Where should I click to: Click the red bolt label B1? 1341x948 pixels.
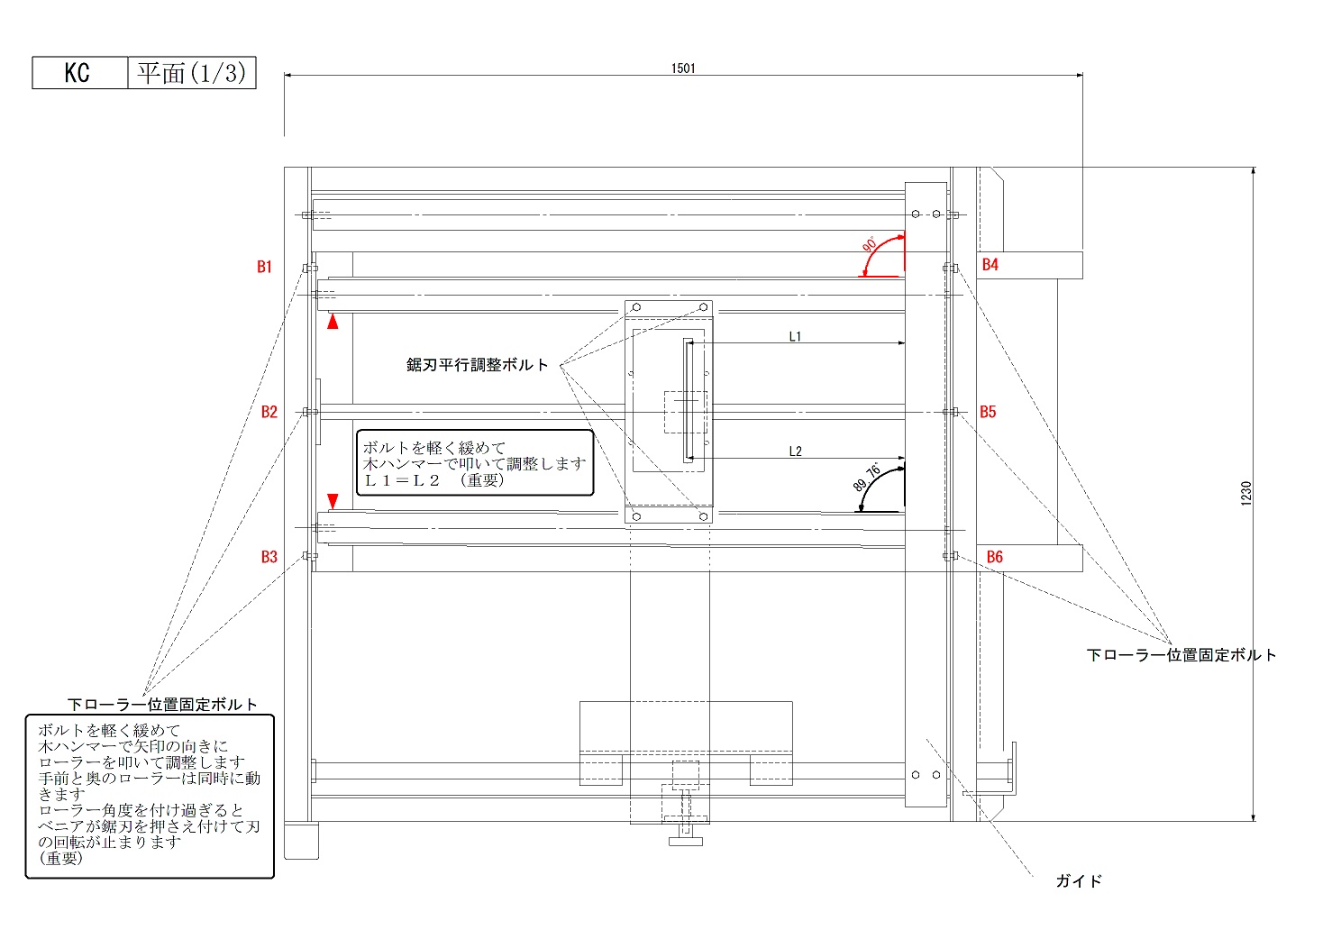tap(264, 267)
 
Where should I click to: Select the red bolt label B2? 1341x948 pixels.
tap(269, 412)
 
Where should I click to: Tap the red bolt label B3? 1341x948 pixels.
tap(269, 557)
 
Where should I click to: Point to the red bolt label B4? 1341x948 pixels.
tap(990, 265)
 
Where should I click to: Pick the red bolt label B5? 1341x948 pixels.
tap(989, 412)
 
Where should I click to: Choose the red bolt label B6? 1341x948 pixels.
tap(995, 557)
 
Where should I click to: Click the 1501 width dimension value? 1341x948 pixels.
tap(683, 68)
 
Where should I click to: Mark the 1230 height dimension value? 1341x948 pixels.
tap(1246, 493)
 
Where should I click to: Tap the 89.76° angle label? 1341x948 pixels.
tap(867, 478)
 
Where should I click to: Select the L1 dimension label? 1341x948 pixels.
tap(795, 337)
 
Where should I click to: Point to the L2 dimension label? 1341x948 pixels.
tap(795, 451)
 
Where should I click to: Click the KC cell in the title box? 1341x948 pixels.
tap(78, 73)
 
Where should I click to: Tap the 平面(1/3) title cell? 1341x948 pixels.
tap(191, 73)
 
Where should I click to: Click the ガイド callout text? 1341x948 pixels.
tap(1079, 881)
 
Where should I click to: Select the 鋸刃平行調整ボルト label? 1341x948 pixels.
tap(478, 365)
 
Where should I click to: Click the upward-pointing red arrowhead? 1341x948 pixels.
tap(333, 321)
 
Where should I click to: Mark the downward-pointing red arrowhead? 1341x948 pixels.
tap(333, 501)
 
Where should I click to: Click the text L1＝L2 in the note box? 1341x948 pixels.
tap(402, 480)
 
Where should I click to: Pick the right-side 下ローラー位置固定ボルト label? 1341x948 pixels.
tap(1181, 655)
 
